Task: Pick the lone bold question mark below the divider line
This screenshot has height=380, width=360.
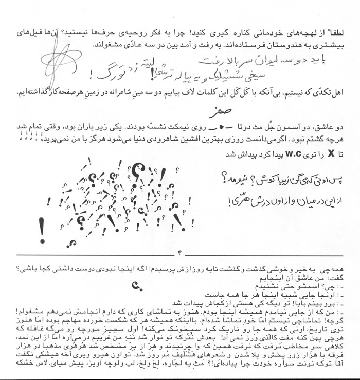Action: (x=135, y=283)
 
